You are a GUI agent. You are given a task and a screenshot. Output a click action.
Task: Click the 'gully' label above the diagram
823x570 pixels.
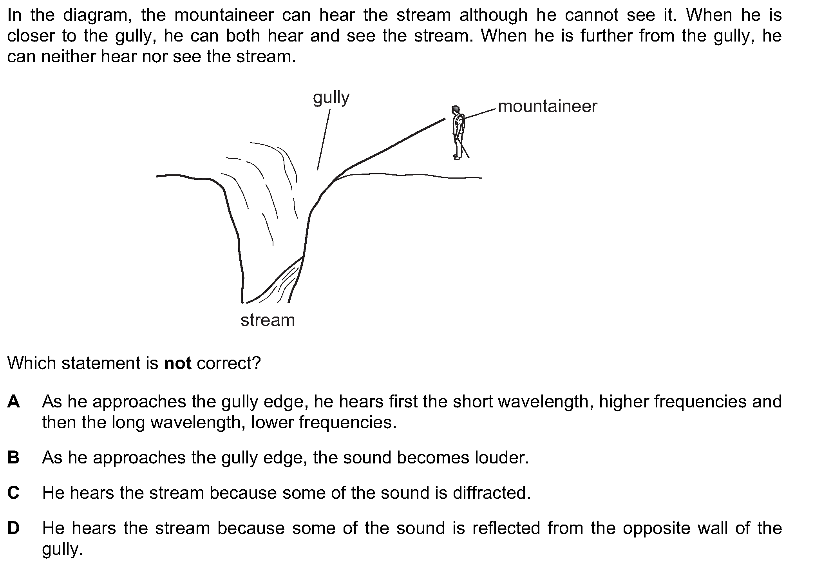(331, 98)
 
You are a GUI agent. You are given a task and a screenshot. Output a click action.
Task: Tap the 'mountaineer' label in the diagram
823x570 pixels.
(548, 107)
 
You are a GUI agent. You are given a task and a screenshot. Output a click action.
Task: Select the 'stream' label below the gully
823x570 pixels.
(268, 320)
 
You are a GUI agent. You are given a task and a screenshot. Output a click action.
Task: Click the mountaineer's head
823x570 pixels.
(455, 109)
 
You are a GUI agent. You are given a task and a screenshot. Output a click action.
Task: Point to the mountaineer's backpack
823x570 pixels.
(463, 121)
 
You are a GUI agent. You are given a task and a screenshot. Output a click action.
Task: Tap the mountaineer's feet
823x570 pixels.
(457, 157)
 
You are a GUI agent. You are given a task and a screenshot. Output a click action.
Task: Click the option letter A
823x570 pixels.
(13, 402)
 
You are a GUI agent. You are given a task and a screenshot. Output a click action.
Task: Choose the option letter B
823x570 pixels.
(13, 458)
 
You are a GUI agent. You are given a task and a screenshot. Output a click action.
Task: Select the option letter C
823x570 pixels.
(13, 493)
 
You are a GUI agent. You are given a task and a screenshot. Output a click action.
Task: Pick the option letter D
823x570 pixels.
(13, 528)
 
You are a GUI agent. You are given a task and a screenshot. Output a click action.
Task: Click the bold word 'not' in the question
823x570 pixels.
(178, 364)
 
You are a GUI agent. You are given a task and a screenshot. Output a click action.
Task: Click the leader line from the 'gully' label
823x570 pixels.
(324, 140)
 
